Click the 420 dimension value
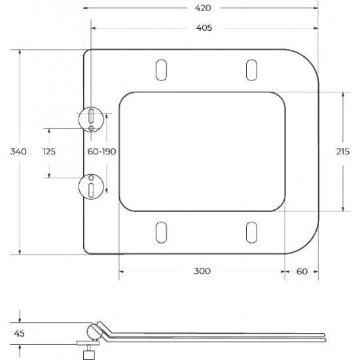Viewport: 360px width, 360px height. (x=202, y=8)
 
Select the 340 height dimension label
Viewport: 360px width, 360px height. (x=18, y=151)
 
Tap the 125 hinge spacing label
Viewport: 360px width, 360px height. (x=49, y=151)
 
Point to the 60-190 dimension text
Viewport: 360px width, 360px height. (x=102, y=151)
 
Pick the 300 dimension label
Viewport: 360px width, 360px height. (x=202, y=271)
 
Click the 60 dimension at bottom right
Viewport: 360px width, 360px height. (x=301, y=271)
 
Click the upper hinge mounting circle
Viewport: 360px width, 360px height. (x=91, y=117)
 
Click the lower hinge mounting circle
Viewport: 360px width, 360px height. (x=91, y=187)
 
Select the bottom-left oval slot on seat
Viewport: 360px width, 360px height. (x=160, y=232)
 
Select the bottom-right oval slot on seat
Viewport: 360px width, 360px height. (x=251, y=232)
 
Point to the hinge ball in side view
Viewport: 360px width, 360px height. (x=92, y=332)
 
